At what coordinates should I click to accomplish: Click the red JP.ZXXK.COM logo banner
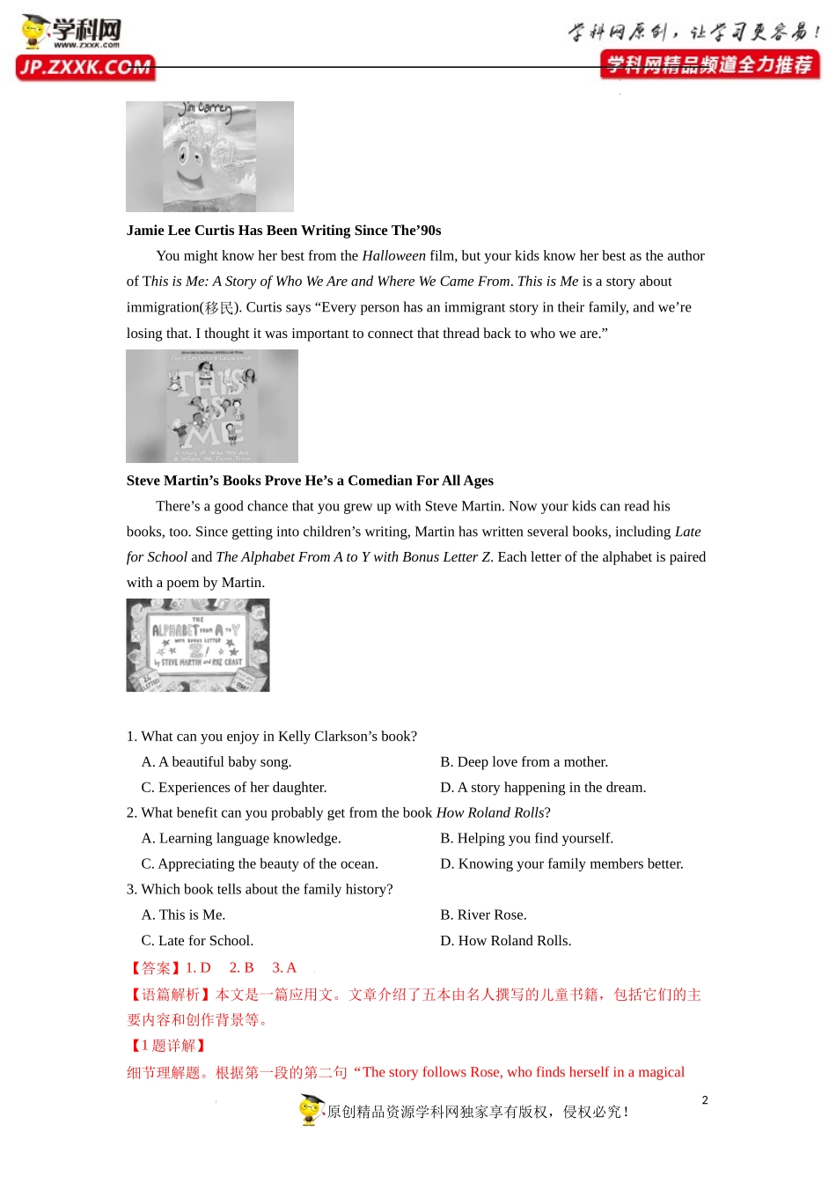coord(85,68)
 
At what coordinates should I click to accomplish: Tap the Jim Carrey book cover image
coord(209,157)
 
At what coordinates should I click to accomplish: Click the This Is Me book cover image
coord(211,406)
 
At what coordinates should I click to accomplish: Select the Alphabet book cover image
coord(198,645)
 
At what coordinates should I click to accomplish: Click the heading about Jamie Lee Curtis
coord(283,231)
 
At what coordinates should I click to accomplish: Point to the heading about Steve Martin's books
coord(310,481)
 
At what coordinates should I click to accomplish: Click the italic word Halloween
coord(393,256)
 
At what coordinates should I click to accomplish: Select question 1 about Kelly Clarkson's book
coord(272,737)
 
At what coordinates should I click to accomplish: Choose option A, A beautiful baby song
coord(216,762)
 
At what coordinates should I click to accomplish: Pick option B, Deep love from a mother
coord(524,762)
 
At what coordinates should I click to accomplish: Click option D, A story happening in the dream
coord(543,788)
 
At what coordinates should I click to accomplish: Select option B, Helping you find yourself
coord(526,839)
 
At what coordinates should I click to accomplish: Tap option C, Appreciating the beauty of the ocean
coord(260,864)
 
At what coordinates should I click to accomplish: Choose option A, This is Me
coord(183,915)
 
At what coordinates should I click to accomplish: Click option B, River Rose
coord(483,915)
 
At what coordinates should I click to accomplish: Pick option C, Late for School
coord(197,941)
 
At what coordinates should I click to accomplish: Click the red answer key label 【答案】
coord(155,968)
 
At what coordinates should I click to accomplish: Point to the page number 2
coord(705,1100)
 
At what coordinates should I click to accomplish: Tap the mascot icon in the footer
coord(311,1110)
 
